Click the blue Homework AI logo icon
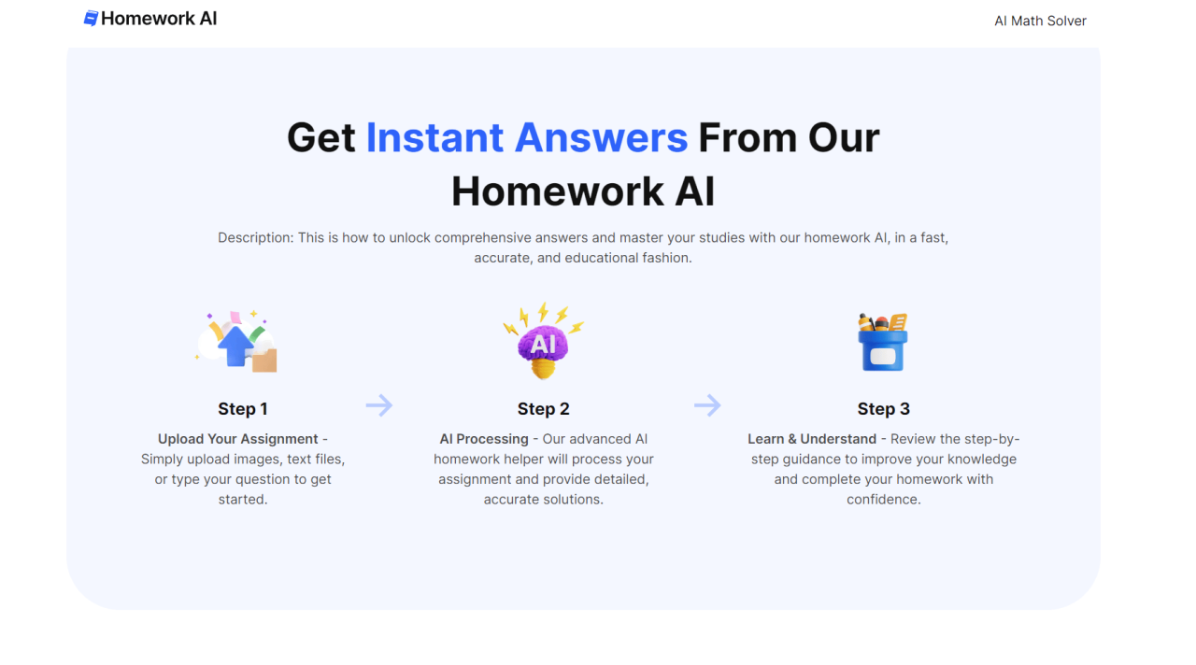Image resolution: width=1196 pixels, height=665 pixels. [x=91, y=19]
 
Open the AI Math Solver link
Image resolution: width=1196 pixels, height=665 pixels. [x=1040, y=21]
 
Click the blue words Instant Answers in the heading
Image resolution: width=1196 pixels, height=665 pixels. [x=526, y=138]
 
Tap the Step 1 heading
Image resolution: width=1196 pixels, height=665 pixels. [x=243, y=409]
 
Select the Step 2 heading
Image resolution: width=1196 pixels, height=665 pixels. [x=543, y=409]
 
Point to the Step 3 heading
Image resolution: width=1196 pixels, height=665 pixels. [x=883, y=409]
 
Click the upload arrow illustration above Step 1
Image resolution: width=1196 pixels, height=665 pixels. [x=237, y=343]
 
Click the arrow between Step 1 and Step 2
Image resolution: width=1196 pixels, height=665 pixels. [x=378, y=405]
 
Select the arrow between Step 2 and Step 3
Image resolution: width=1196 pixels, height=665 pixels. [x=707, y=405]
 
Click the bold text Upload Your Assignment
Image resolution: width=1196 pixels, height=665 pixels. [x=238, y=439]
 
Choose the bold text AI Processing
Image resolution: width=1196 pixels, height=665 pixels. [x=484, y=439]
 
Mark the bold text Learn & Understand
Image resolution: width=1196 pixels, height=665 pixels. [x=812, y=439]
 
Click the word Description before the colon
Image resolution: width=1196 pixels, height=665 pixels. [x=254, y=238]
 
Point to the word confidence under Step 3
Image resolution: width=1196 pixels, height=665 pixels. [x=882, y=500]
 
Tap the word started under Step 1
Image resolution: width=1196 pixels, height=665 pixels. [x=242, y=500]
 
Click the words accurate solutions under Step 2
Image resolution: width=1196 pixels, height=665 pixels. [x=543, y=500]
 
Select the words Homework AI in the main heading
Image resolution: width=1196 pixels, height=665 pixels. [x=582, y=192]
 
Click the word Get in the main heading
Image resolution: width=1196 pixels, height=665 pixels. [x=320, y=138]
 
